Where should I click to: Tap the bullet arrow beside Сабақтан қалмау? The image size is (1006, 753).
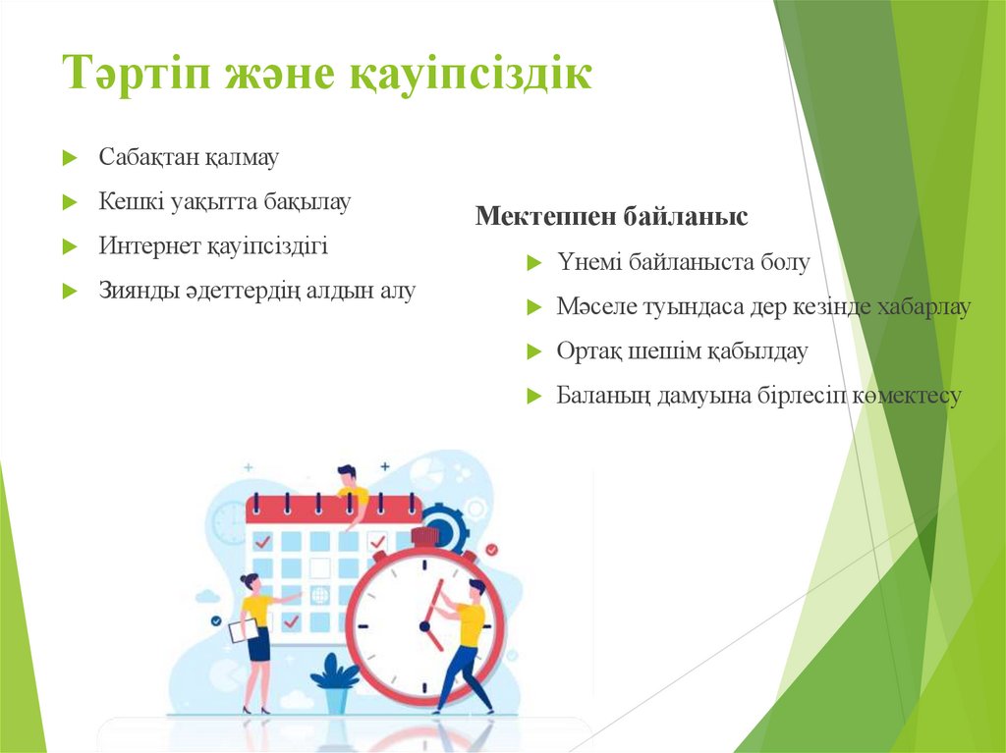pyautogui.click(x=69, y=158)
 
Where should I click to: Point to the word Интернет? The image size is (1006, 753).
pyautogui.click(x=147, y=245)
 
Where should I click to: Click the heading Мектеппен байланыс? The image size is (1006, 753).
pyautogui.click(x=611, y=216)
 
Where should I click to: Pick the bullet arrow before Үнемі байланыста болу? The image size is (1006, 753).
pyautogui.click(x=533, y=263)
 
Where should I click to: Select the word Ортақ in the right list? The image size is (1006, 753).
pyautogui.click(x=586, y=350)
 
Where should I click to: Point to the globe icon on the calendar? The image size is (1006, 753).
pyautogui.click(x=319, y=595)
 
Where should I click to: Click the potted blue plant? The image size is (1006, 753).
pyautogui.click(x=335, y=683)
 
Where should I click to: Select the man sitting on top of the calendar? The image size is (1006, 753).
pyautogui.click(x=350, y=490)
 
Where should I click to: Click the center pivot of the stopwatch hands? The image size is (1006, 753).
pyautogui.click(x=424, y=625)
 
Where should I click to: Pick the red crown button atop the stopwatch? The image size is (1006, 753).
pyautogui.click(x=424, y=536)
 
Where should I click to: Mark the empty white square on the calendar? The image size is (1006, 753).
pyautogui.click(x=319, y=567)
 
